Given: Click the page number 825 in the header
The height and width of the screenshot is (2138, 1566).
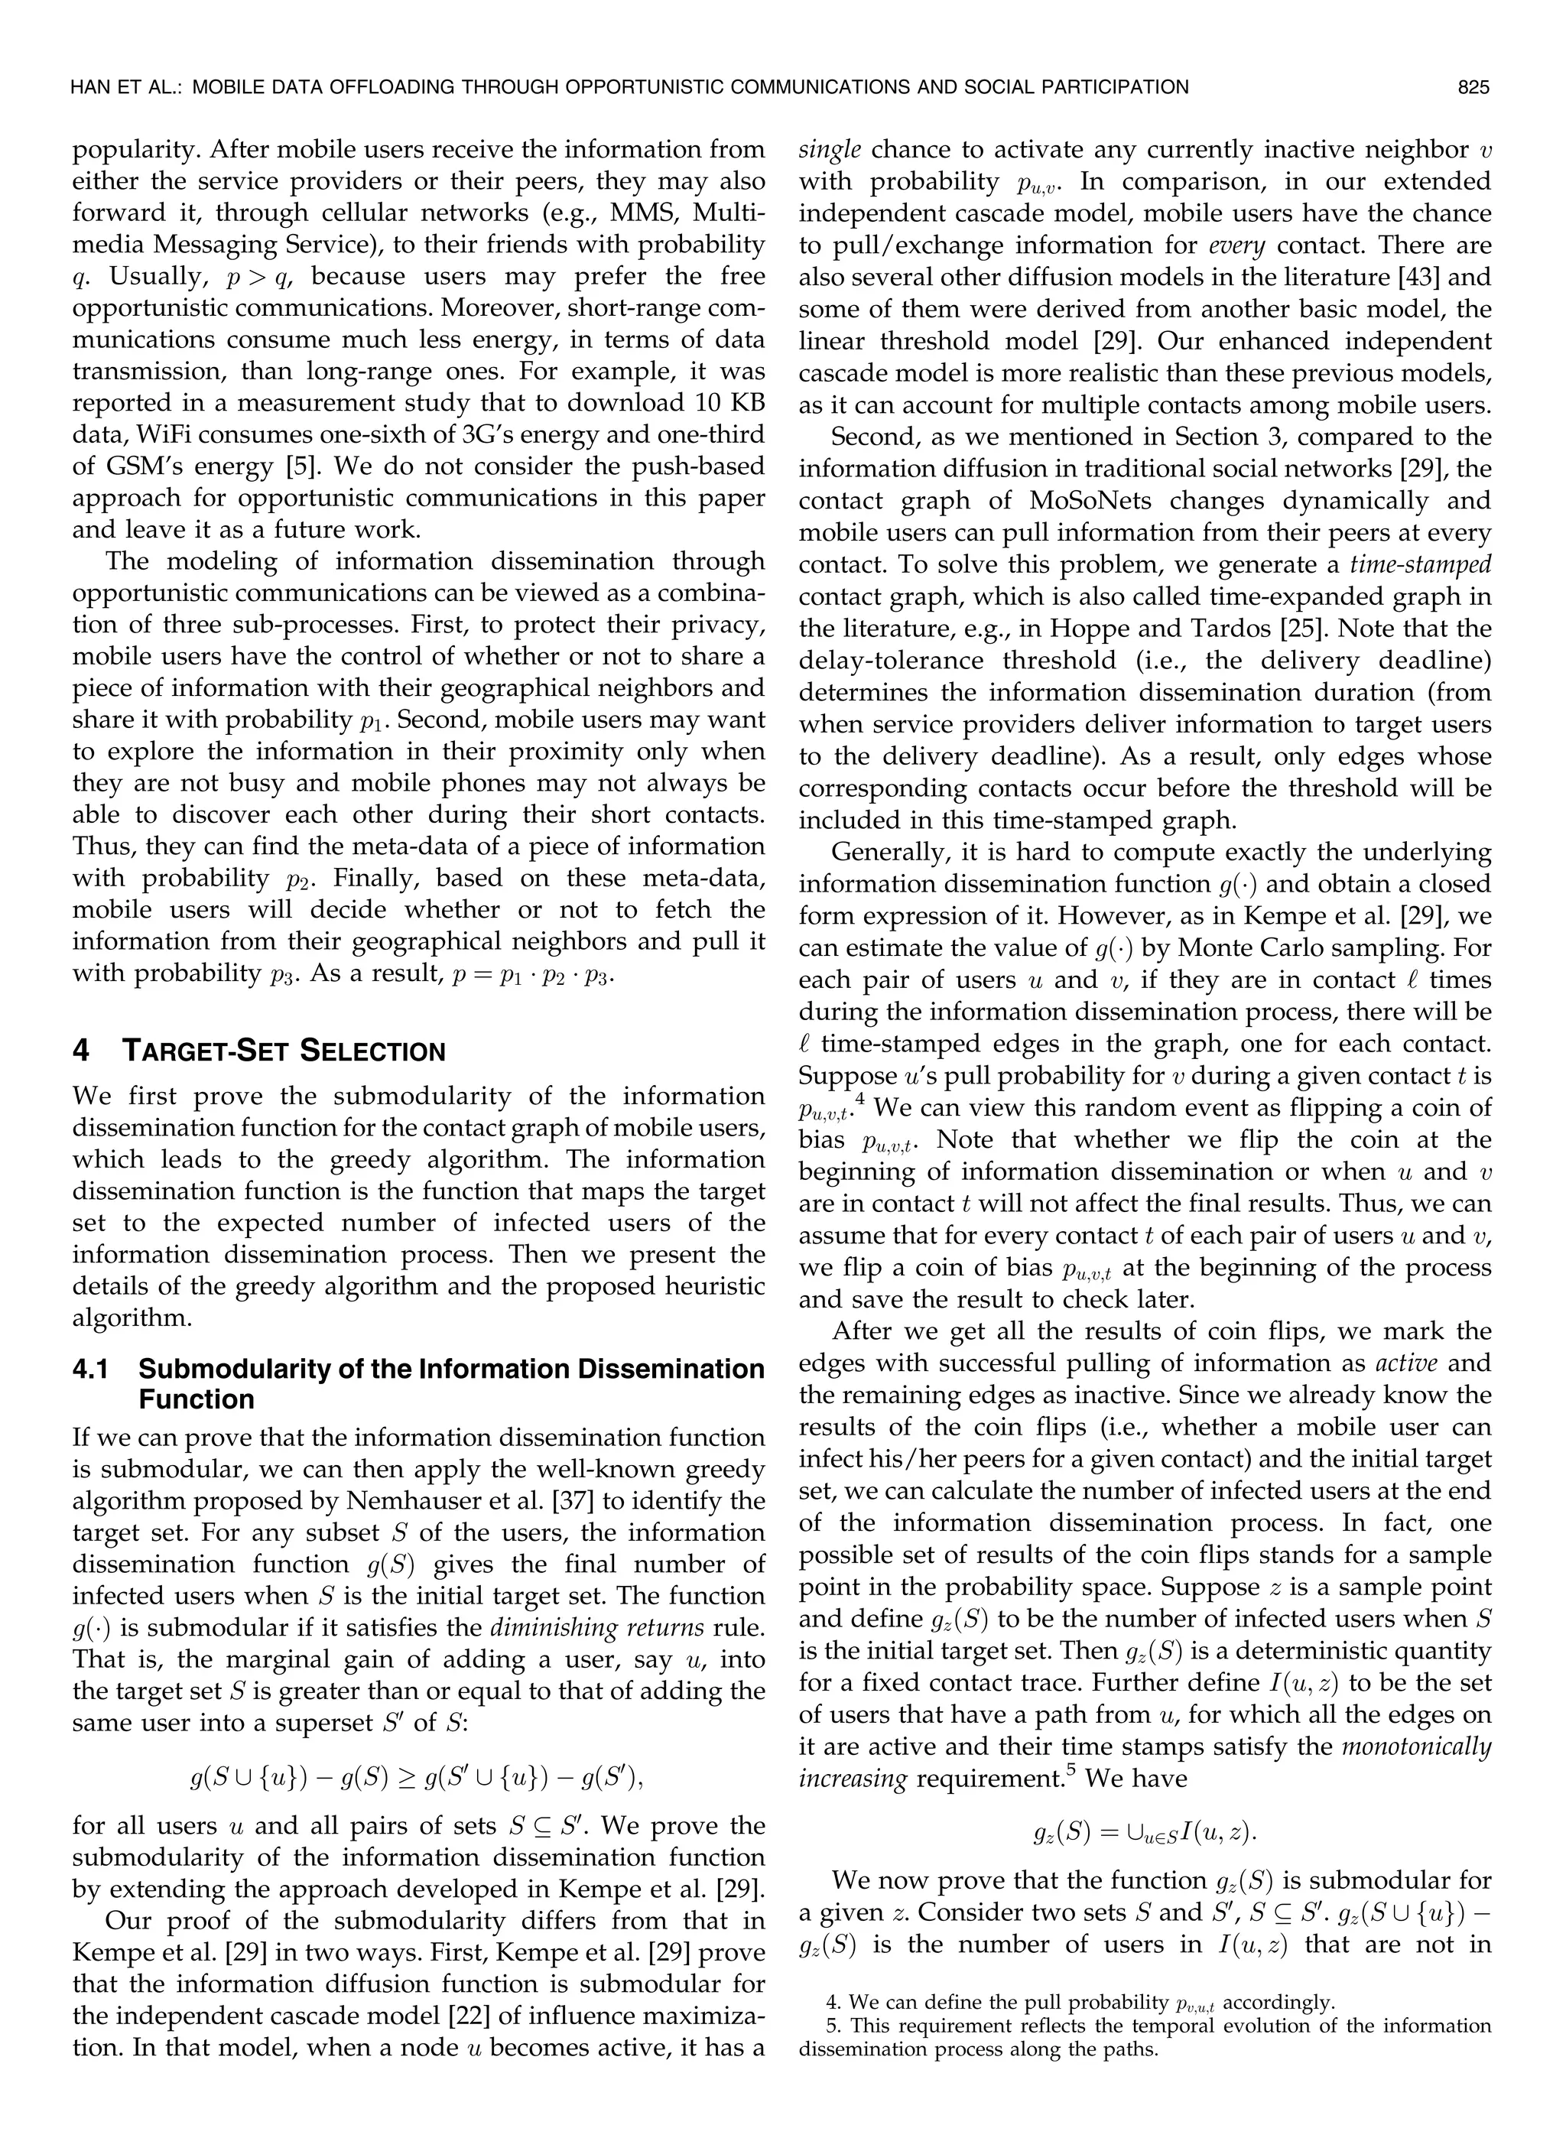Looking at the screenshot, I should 1474,88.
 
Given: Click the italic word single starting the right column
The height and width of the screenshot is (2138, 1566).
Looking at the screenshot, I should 830,150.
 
